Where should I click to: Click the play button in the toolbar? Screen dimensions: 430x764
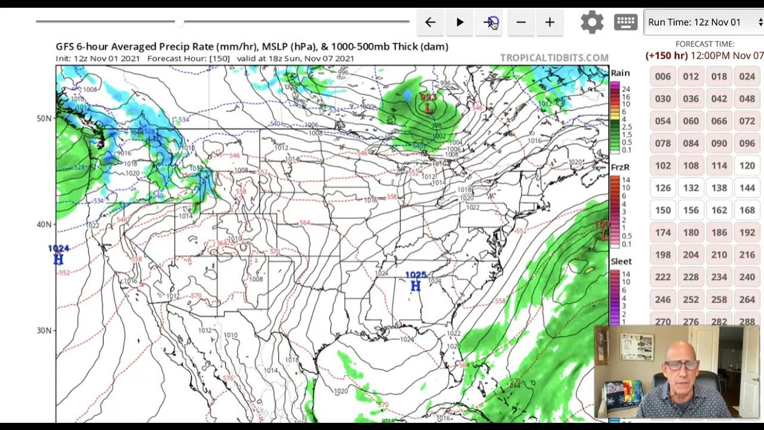click(460, 23)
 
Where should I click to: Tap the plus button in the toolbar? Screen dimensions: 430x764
click(550, 23)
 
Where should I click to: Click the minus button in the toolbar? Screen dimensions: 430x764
click(521, 23)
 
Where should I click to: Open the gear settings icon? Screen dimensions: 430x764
click(592, 23)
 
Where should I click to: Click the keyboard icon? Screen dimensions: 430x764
click(626, 23)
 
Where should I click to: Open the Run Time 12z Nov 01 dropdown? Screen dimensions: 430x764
click(704, 23)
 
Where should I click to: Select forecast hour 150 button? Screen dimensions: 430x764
click(663, 210)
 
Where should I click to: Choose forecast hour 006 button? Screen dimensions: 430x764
click(663, 76)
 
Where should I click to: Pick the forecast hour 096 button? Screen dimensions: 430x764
click(747, 143)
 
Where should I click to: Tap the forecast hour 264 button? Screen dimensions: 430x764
click(747, 299)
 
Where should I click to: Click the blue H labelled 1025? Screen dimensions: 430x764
click(416, 286)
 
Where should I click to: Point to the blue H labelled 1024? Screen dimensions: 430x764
click(58, 259)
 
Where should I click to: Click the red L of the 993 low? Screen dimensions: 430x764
click(428, 107)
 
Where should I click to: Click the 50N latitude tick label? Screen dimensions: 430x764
click(44, 118)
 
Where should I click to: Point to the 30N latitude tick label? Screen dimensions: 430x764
click(44, 330)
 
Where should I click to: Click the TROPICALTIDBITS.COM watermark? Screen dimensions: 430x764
click(554, 58)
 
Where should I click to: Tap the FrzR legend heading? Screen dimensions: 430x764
click(620, 168)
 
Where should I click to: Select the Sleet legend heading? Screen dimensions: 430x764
click(621, 262)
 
